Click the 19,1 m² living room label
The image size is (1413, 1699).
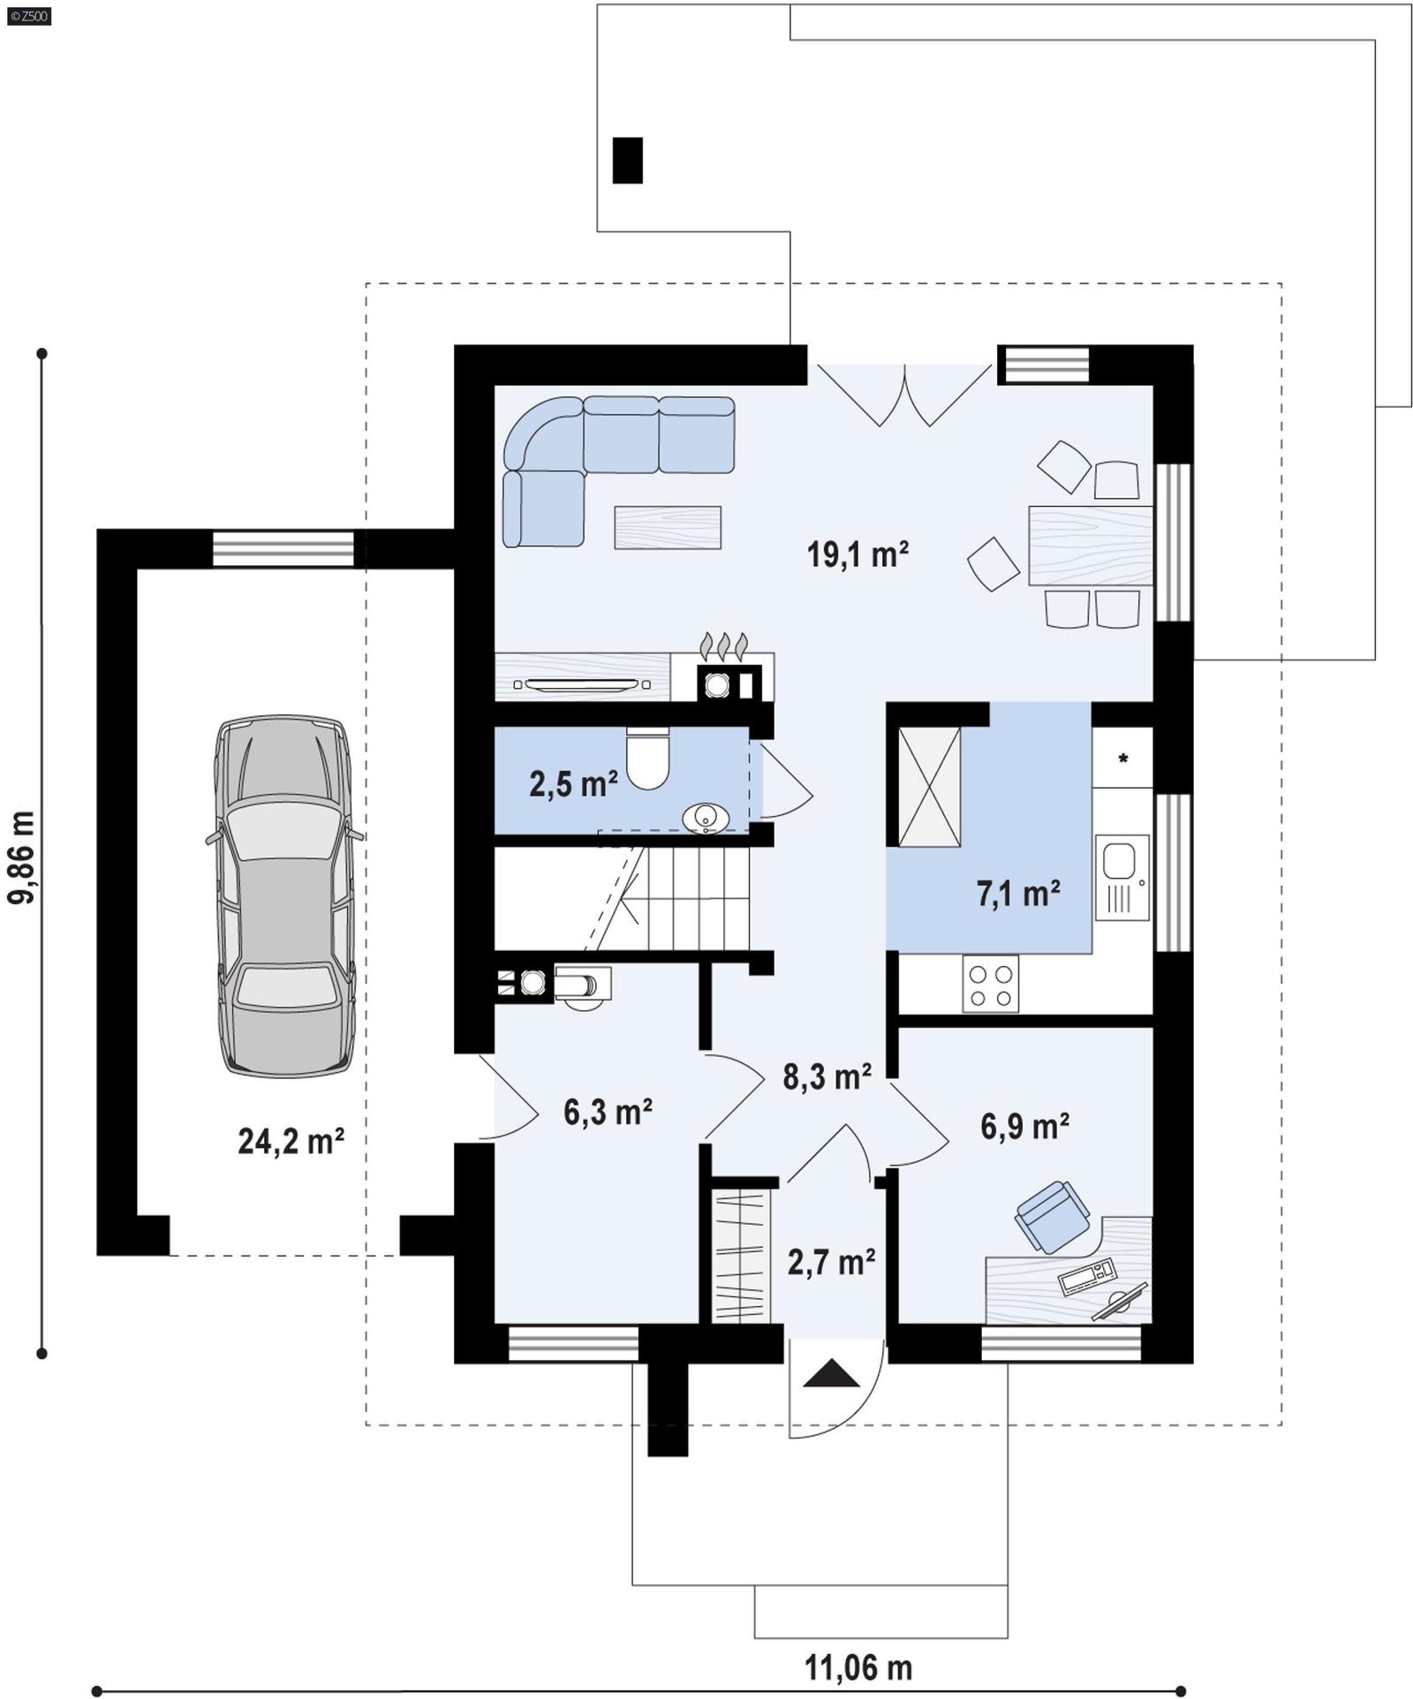(x=857, y=555)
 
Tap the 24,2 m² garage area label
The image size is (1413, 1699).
(x=291, y=1141)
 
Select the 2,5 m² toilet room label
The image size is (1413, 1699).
(x=572, y=782)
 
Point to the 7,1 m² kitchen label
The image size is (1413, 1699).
(x=1017, y=894)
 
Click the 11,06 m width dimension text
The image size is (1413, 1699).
(x=858, y=1668)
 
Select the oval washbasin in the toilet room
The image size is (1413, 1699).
(x=706, y=818)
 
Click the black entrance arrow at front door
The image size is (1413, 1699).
(x=830, y=1374)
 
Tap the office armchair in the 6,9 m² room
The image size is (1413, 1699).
(x=1052, y=1217)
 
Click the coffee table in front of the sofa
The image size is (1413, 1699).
(x=668, y=527)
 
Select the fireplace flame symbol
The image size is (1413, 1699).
(x=723, y=645)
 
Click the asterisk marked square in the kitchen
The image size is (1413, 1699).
(x=1122, y=758)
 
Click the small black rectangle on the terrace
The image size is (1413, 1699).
(x=627, y=161)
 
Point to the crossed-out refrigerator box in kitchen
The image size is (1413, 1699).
(x=929, y=787)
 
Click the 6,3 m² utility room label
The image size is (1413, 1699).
(x=608, y=1112)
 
